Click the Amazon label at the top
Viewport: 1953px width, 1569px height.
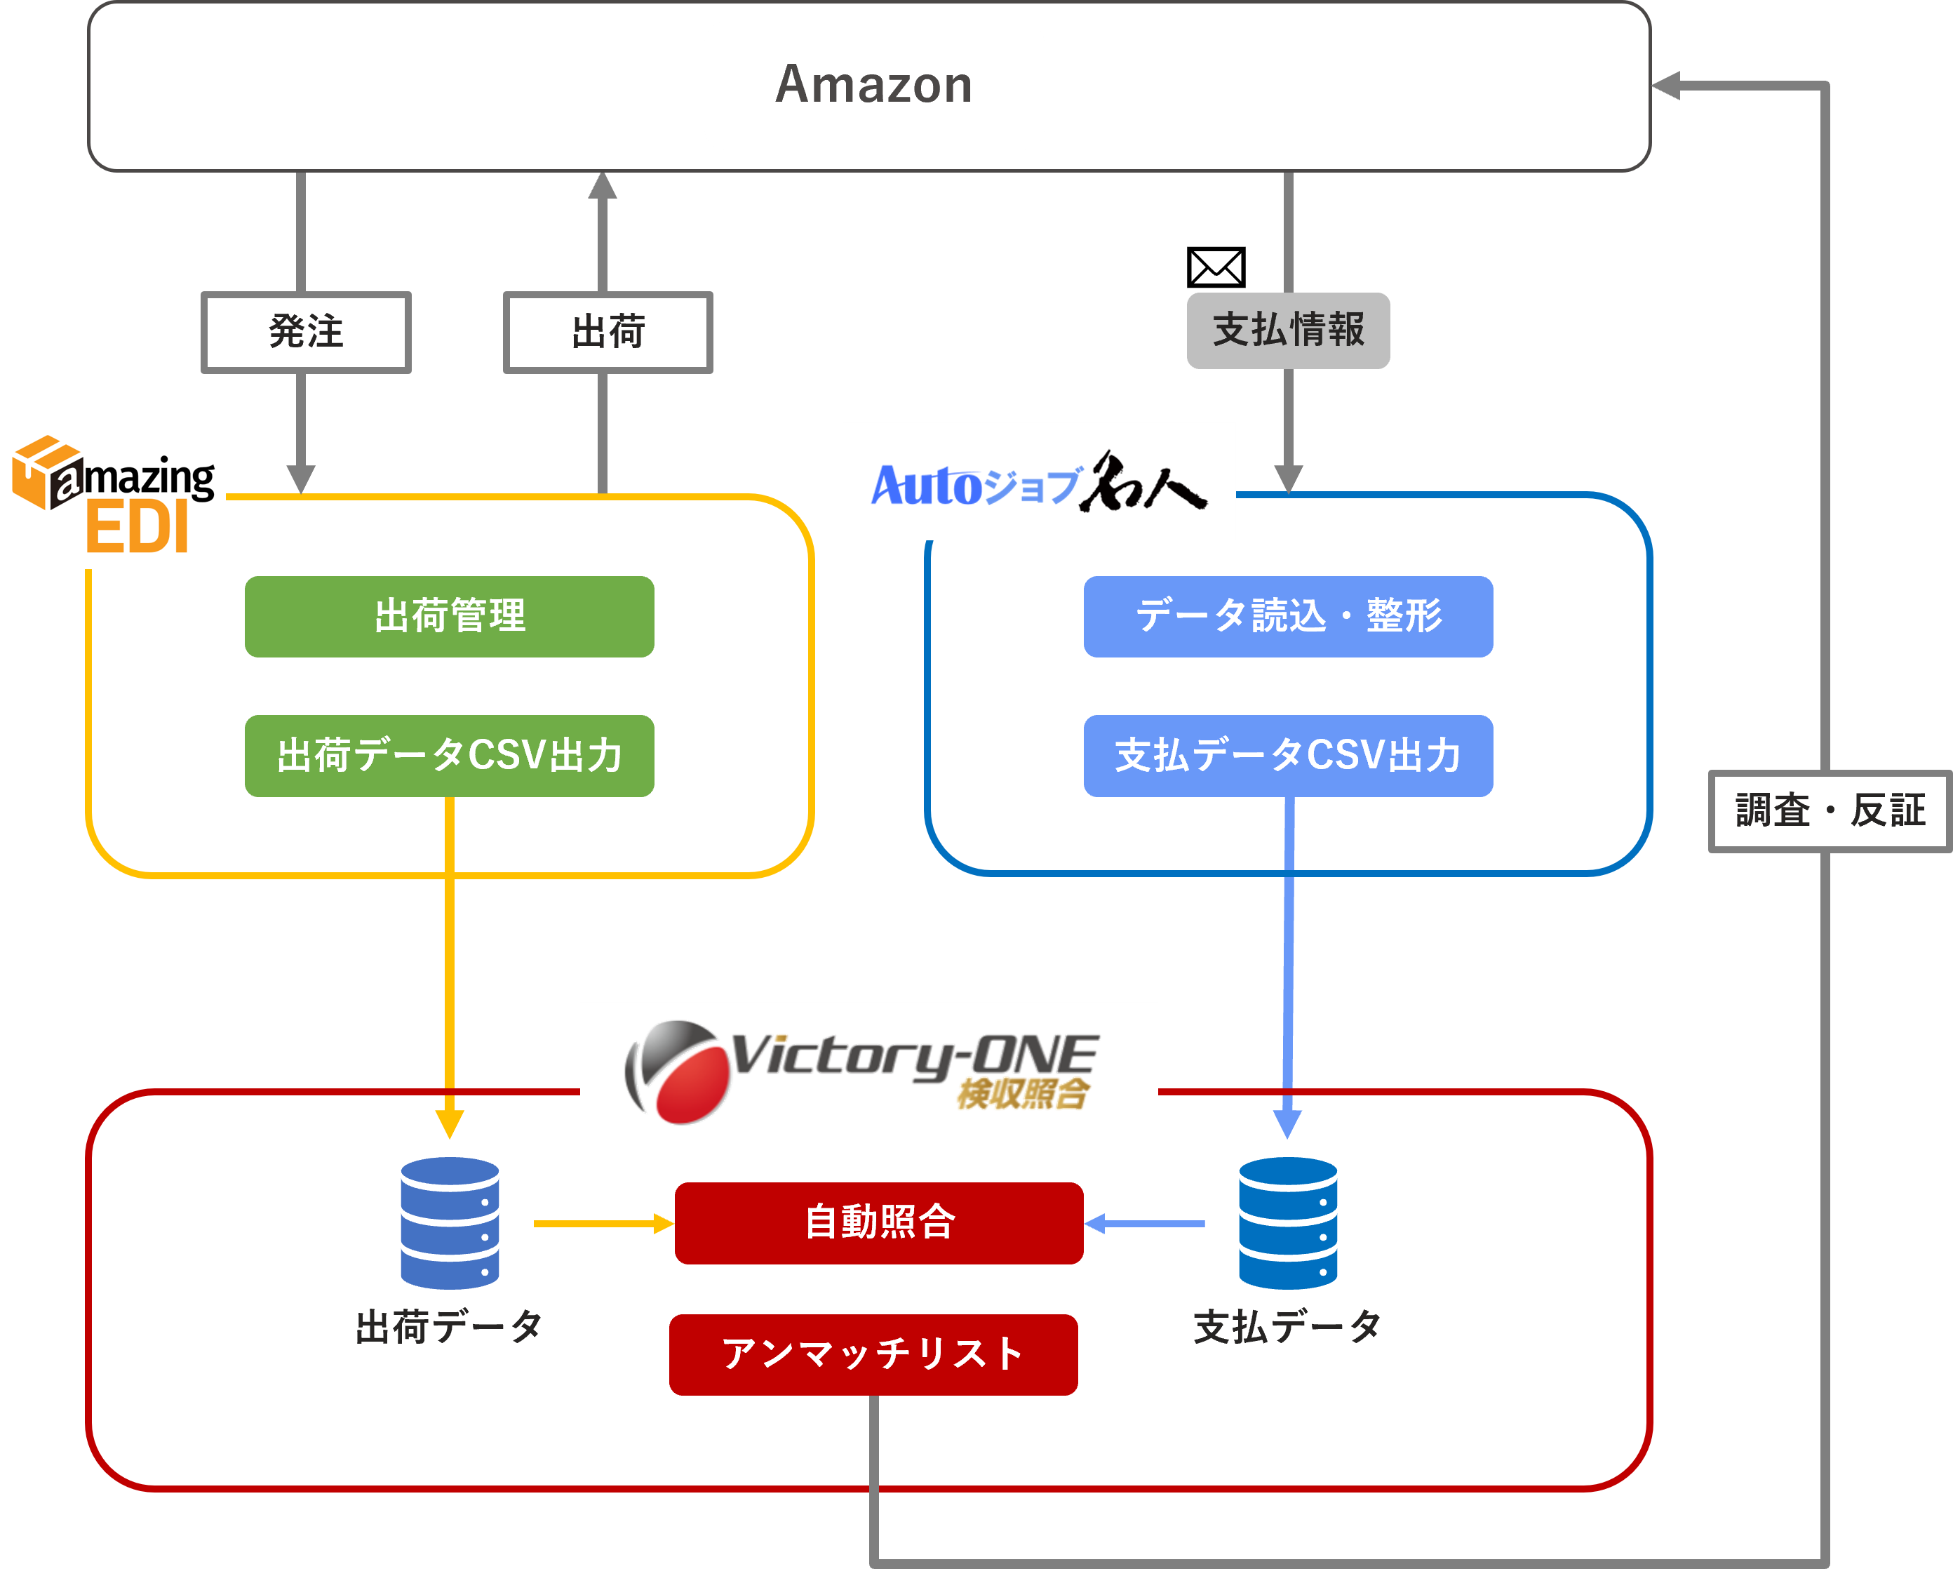click(x=873, y=85)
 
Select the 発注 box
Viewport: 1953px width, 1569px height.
click(x=306, y=332)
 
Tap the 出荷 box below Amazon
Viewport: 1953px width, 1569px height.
click(x=608, y=332)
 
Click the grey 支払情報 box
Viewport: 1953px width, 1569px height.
click(x=1287, y=331)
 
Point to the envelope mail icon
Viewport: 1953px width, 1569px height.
click(x=1216, y=267)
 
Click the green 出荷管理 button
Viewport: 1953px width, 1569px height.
click(x=449, y=616)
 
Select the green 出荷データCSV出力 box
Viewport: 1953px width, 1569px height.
click(x=449, y=756)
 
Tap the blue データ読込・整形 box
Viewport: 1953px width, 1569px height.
click(x=1287, y=616)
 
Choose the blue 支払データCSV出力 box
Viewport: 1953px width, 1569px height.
click(x=1287, y=756)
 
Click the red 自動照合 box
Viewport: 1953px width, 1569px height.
click(x=879, y=1222)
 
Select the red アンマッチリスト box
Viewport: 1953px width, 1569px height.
click(x=873, y=1354)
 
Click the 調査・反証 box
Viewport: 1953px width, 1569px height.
click(x=1829, y=810)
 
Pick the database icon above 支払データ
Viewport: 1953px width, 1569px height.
click(x=1287, y=1222)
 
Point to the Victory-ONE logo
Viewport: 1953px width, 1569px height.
click(x=861, y=1071)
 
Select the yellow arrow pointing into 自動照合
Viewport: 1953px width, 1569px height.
click(x=603, y=1224)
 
